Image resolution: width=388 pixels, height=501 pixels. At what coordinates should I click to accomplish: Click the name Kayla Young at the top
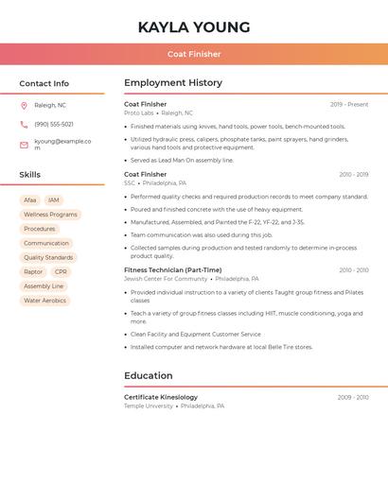[194, 27]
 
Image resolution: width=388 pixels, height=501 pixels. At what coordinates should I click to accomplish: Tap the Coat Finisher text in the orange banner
[194, 54]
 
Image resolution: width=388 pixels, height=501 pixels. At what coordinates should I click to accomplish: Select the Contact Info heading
[44, 83]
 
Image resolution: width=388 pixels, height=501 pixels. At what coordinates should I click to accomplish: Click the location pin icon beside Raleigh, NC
[24, 105]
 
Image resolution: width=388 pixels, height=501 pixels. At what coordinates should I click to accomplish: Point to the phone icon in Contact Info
[24, 124]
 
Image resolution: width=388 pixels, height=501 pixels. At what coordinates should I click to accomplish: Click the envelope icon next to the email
[24, 145]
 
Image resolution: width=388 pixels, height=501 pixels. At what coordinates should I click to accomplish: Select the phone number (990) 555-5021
[54, 124]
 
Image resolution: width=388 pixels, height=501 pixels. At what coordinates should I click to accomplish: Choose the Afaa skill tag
[30, 200]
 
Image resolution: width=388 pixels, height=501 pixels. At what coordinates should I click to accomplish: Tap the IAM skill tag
[54, 200]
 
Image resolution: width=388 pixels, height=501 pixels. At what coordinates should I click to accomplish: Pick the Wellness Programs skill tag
[50, 215]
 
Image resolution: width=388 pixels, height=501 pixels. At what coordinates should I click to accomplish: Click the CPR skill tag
[61, 272]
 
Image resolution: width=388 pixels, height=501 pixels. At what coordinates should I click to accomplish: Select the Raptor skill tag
[33, 272]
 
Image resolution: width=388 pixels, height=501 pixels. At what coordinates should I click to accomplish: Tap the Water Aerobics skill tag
[44, 301]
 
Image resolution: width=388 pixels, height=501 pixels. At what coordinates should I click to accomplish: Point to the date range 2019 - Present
[349, 105]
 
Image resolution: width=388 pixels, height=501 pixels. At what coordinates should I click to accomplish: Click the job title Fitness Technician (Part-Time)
[172, 270]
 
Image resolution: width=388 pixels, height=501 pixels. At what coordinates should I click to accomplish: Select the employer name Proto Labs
[138, 113]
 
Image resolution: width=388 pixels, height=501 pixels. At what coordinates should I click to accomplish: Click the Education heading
[148, 375]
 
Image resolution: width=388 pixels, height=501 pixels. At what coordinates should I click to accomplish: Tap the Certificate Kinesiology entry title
[161, 397]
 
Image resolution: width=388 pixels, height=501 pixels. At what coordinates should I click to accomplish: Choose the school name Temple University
[149, 406]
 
